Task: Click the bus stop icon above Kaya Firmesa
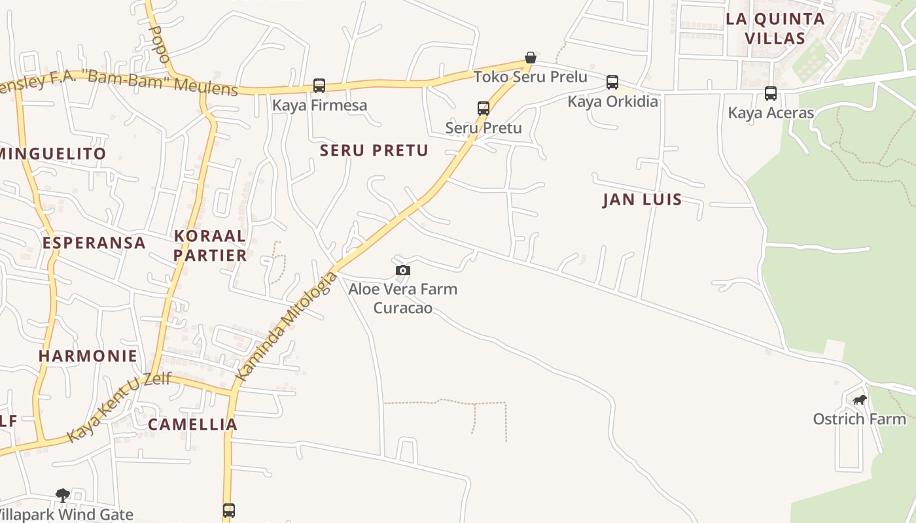click(x=319, y=86)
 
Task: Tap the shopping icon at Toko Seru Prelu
click(x=531, y=58)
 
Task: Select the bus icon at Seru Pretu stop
click(x=484, y=109)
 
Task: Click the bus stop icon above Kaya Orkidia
click(x=612, y=82)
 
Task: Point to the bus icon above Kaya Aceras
click(x=771, y=93)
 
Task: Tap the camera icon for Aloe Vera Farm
click(x=403, y=270)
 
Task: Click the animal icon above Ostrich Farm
click(x=860, y=400)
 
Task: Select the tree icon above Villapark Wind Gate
click(x=63, y=496)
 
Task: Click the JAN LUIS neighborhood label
click(x=642, y=199)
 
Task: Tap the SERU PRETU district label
click(x=374, y=150)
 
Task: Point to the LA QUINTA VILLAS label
click(x=775, y=28)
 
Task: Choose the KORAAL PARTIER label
click(x=210, y=245)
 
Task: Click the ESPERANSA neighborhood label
click(x=94, y=243)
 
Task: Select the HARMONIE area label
click(x=88, y=356)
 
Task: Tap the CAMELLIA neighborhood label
click(x=192, y=424)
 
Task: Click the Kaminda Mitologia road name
click(x=287, y=326)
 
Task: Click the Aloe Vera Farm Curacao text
click(x=402, y=298)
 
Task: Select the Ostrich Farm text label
click(x=859, y=419)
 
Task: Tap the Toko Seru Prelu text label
click(x=531, y=76)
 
